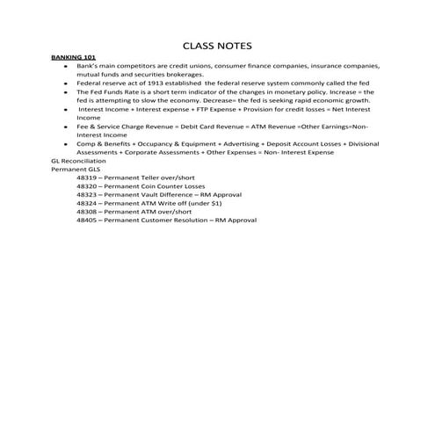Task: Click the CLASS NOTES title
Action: point(217,45)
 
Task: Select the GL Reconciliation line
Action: point(79,161)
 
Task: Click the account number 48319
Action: point(87,178)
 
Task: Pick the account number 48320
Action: point(87,186)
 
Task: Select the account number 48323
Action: point(87,194)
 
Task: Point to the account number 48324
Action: point(87,203)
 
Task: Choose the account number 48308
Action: point(87,211)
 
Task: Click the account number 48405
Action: point(87,220)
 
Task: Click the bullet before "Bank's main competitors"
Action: point(66,67)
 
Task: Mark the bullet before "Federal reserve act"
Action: point(66,83)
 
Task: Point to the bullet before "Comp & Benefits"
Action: point(66,143)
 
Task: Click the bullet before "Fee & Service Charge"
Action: point(66,127)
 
